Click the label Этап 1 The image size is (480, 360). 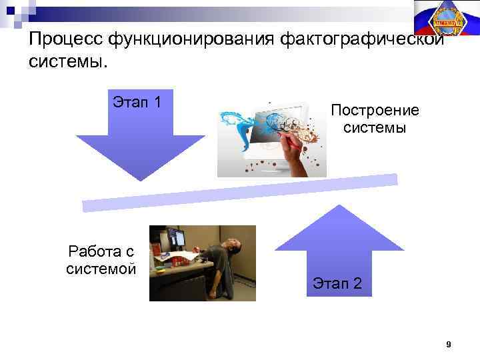click(x=137, y=103)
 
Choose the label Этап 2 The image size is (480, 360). click(x=337, y=284)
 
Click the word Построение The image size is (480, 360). click(x=375, y=110)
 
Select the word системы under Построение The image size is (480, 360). click(x=375, y=127)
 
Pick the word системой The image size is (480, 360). click(x=101, y=269)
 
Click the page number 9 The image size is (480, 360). click(x=448, y=345)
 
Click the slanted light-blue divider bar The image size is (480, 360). click(x=240, y=191)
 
